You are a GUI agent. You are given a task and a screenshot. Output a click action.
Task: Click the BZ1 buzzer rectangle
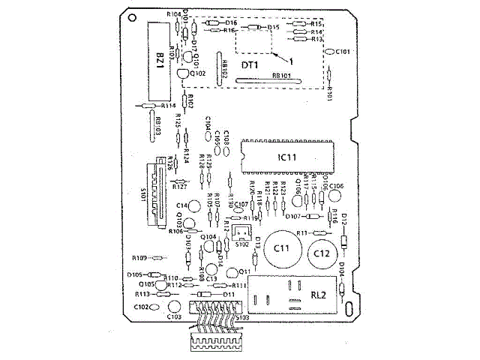tap(160, 60)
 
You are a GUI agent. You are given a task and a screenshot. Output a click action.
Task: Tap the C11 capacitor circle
tap(283, 247)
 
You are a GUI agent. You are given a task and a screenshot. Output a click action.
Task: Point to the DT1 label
tap(250, 65)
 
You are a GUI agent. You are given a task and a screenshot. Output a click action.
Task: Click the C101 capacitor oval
tap(331, 52)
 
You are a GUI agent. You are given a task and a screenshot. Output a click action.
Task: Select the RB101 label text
tap(281, 76)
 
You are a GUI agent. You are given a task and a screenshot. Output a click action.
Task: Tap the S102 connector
tap(241, 233)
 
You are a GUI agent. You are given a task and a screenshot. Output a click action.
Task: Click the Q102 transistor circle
tap(184, 73)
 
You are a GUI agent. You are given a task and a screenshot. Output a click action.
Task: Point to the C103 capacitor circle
tap(174, 307)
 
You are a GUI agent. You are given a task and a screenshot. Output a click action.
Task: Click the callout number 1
tap(291, 59)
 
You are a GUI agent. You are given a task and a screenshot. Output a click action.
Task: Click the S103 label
tap(243, 318)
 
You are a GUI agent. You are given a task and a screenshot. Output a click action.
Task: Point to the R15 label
tap(316, 24)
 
